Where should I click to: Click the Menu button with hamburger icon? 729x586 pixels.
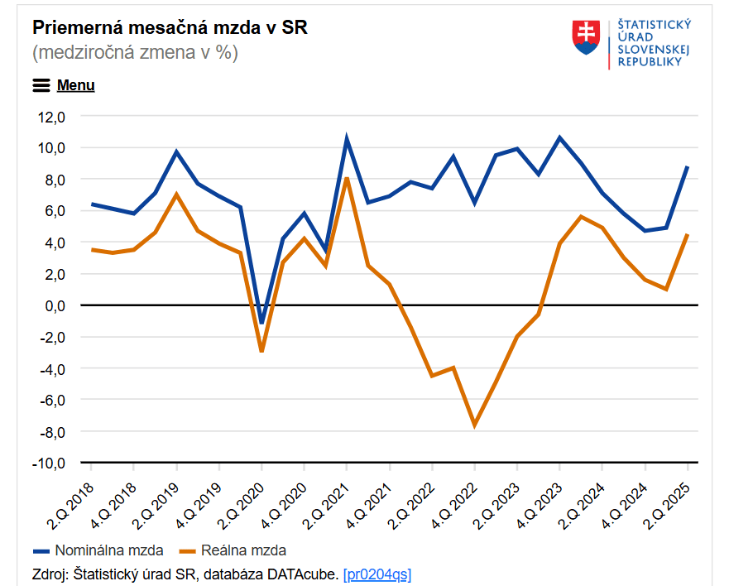[x=64, y=85]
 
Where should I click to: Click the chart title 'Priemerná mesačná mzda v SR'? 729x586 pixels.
[x=170, y=26]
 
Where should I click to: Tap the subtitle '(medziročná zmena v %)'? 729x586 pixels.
[x=135, y=53]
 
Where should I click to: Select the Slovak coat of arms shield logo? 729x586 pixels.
[x=587, y=38]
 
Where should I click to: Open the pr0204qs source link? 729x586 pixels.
[x=377, y=574]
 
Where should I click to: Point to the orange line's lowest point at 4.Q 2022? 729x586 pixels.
[x=474, y=425]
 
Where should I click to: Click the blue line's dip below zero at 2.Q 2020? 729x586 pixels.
[x=261, y=323]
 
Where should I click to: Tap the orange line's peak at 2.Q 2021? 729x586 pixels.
[x=347, y=178]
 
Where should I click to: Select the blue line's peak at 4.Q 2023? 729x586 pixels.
[x=559, y=137]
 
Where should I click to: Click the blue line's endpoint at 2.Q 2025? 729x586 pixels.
[x=687, y=167]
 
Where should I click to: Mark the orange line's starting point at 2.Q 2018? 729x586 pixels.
[x=92, y=249]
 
